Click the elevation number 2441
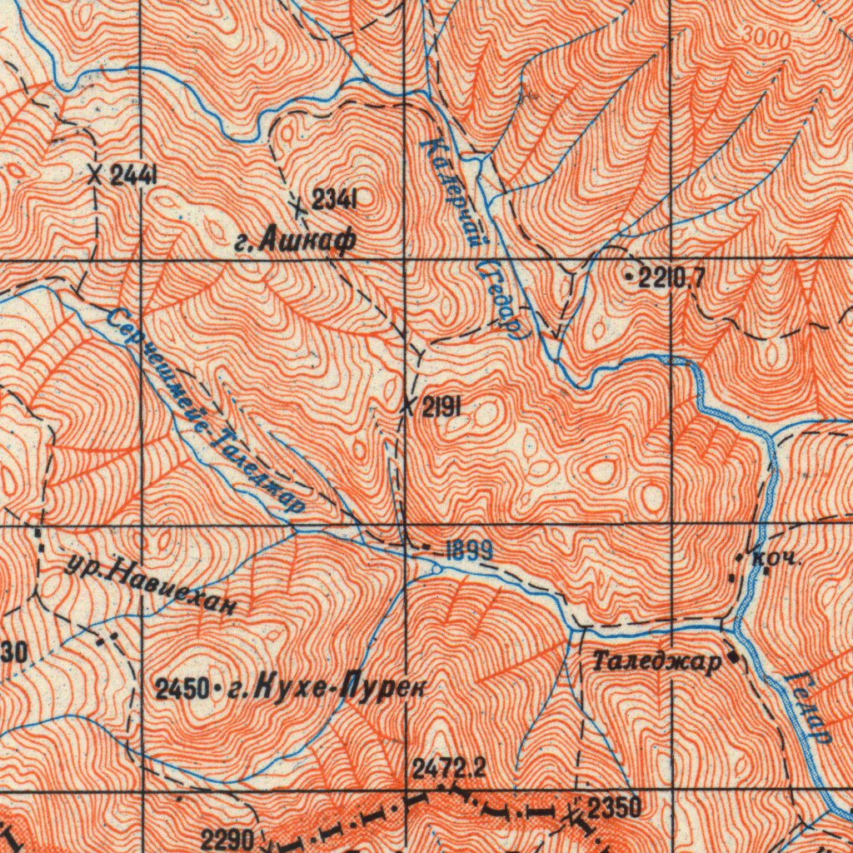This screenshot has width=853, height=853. coord(135,175)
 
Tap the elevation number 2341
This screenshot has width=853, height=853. coord(335,199)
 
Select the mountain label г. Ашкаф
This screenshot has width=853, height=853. coord(295,241)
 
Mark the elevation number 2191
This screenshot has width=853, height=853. coord(442,407)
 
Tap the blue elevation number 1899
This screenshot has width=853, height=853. coord(468,551)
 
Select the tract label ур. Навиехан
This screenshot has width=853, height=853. coord(150,583)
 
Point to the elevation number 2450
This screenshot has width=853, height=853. coord(181,689)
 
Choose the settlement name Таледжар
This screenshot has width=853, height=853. coord(656,663)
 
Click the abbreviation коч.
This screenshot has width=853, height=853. coord(775,558)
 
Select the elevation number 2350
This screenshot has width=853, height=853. coord(615,806)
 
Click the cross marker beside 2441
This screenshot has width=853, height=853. coord(97,175)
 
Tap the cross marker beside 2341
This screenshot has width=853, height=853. coord(299,202)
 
